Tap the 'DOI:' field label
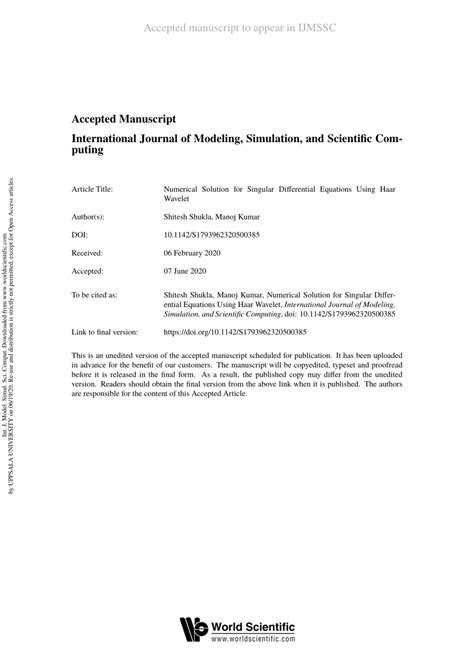[80, 235]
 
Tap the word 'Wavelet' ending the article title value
[177, 198]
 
